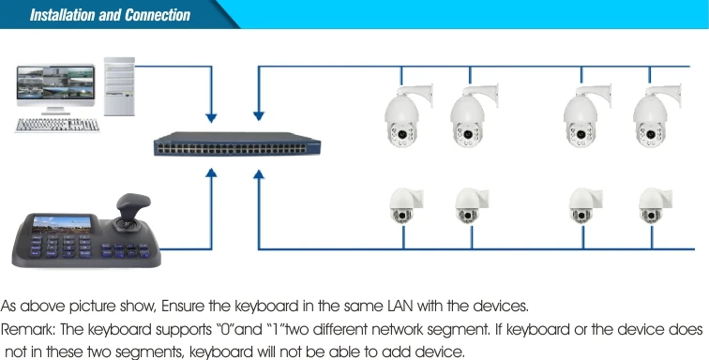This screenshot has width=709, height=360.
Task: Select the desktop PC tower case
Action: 118,86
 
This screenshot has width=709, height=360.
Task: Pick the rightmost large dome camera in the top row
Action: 655,117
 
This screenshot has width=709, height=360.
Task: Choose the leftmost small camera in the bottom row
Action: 405,205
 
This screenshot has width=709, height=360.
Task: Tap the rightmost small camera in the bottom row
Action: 653,205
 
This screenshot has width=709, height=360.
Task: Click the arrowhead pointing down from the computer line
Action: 211,118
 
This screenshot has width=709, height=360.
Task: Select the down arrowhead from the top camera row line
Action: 259,118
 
